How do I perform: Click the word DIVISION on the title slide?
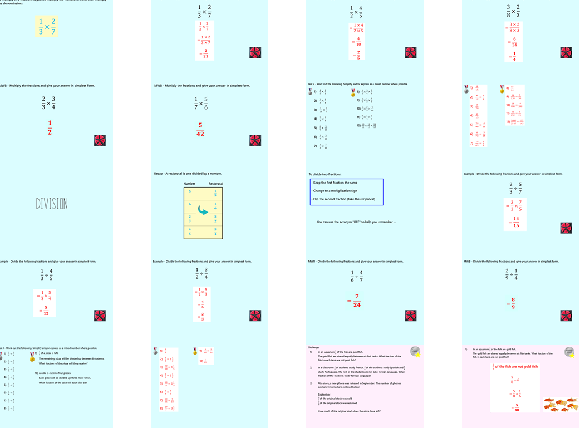(x=52, y=204)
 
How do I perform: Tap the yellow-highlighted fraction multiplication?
(x=47, y=27)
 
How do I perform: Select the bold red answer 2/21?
(x=205, y=53)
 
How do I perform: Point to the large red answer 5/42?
(x=200, y=129)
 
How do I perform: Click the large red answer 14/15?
(x=515, y=222)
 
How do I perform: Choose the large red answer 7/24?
(x=356, y=301)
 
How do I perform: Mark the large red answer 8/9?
(x=513, y=303)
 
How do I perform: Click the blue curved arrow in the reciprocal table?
(x=203, y=211)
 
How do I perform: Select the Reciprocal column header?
(x=215, y=184)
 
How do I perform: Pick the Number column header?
(x=190, y=184)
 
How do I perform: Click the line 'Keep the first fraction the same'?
(x=336, y=183)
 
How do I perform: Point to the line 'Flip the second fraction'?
(x=344, y=199)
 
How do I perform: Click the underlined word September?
(x=324, y=394)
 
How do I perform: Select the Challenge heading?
(x=313, y=347)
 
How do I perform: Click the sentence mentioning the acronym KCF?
(x=356, y=222)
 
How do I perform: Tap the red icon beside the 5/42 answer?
(x=255, y=140)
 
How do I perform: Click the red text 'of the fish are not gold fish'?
(x=517, y=367)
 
